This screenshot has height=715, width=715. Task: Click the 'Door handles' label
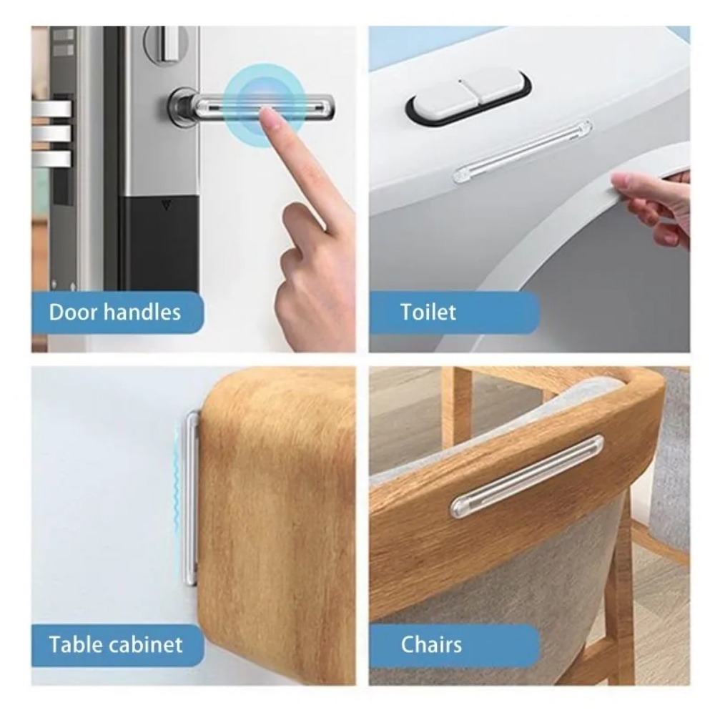(114, 312)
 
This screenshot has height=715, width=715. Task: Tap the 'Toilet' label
(428, 312)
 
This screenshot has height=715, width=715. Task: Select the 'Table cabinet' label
(115, 644)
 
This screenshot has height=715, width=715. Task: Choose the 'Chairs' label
(430, 644)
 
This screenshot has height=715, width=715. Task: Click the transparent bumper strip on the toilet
(522, 151)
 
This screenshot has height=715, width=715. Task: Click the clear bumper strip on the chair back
(526, 476)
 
